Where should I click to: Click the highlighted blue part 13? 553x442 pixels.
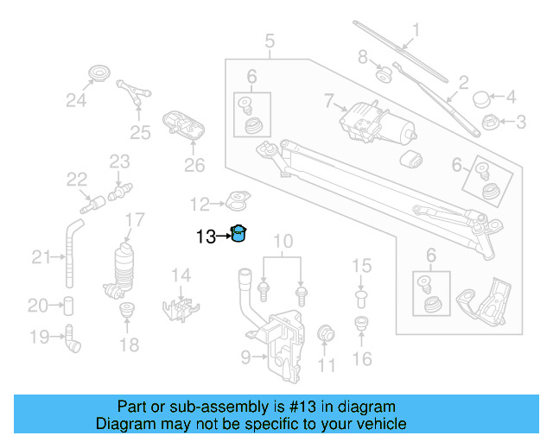point(238,233)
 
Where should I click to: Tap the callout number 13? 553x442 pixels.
point(206,235)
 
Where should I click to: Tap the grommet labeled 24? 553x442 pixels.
point(101,73)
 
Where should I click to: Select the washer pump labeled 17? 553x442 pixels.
point(124,268)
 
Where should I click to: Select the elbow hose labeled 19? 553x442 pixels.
point(72,339)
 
